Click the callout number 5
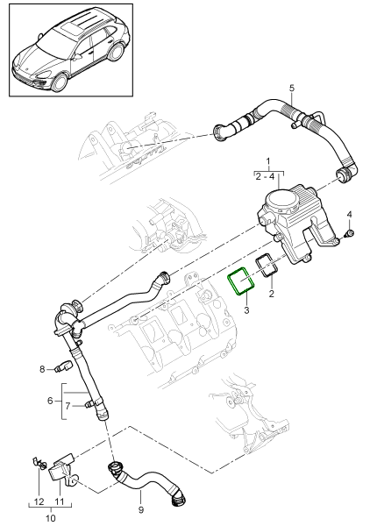click(x=292, y=88)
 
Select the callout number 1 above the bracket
click(x=268, y=163)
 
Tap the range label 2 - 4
click(x=268, y=177)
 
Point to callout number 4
click(x=349, y=215)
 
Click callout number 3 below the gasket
click(x=247, y=310)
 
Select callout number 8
click(x=41, y=370)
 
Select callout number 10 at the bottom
click(x=49, y=518)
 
